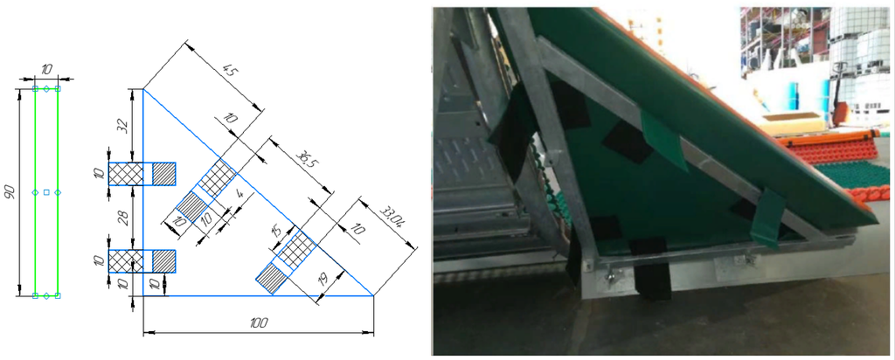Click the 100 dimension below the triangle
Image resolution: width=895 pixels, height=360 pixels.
[x=259, y=323]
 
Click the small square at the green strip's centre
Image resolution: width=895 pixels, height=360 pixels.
[x=46, y=191]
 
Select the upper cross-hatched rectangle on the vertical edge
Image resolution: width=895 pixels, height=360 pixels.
[x=126, y=173]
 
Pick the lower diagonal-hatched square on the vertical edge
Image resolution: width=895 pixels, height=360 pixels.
[x=163, y=260]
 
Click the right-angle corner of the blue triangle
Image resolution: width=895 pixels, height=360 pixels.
[x=143, y=295]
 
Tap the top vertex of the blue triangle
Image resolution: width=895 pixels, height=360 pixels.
[x=143, y=89]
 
